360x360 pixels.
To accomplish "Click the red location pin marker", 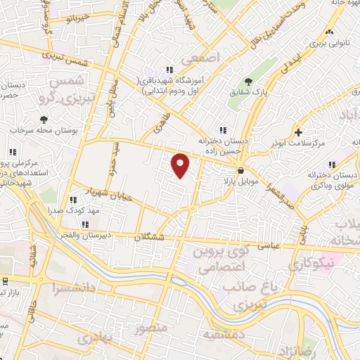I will [181, 165].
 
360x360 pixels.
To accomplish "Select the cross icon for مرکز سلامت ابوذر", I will [299, 132].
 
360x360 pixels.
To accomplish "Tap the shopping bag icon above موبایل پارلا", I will [240, 170].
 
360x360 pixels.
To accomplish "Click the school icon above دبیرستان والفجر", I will [84, 225].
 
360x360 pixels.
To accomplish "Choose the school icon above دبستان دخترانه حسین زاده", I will [224, 129].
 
